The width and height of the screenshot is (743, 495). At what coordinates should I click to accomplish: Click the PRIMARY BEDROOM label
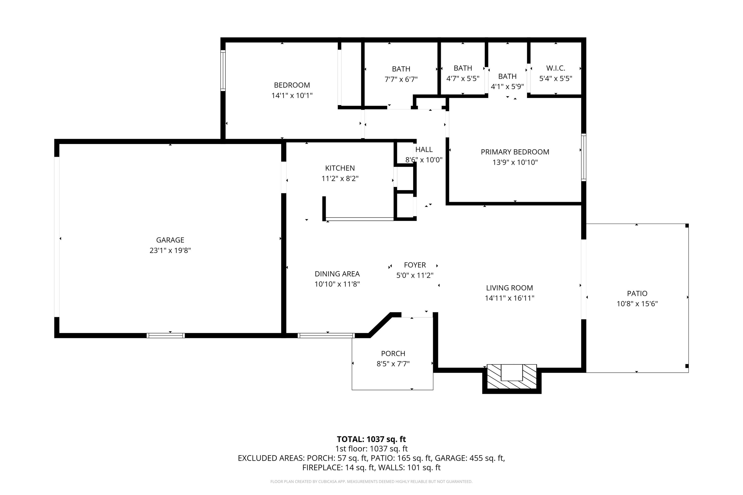click(515, 152)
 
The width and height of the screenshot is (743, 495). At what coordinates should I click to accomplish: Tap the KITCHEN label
click(340, 168)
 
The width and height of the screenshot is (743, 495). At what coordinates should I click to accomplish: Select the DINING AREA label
click(337, 274)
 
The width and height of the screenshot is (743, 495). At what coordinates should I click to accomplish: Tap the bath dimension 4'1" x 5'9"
click(507, 86)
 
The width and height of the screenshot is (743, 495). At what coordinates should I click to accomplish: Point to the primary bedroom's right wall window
click(584, 157)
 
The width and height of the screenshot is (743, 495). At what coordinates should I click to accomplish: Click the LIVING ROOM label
click(509, 288)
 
